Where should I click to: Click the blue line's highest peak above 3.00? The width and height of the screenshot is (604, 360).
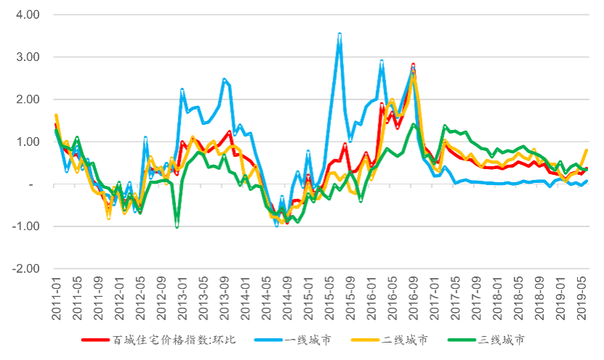pyautogui.click(x=340, y=33)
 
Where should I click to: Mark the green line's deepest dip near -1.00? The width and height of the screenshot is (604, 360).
pyautogui.click(x=177, y=226)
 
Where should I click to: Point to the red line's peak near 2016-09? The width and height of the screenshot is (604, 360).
pyautogui.click(x=413, y=65)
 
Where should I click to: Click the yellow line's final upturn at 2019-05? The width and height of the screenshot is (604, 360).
pyautogui.click(x=585, y=150)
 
